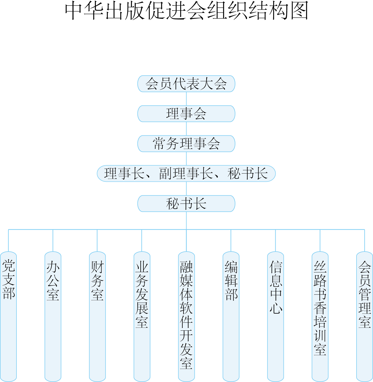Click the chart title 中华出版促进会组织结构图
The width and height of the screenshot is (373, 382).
coord(187,11)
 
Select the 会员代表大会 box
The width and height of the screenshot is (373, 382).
coord(186,84)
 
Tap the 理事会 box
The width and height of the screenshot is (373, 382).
coord(186,114)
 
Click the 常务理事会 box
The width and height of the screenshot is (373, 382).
coord(186,144)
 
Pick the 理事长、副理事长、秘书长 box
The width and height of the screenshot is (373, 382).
coord(186,174)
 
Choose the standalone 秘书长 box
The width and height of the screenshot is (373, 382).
coord(186,203)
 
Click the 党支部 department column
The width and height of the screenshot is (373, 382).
coord(9,316)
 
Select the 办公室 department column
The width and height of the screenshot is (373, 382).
coord(53,316)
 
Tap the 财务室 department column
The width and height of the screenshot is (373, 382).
coord(97,316)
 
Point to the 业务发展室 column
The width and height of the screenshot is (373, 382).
coord(142,316)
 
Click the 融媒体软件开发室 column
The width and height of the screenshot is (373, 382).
coord(187,316)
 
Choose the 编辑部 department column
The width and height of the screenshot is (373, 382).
coord(231,316)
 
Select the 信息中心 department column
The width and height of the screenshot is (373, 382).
coord(276,316)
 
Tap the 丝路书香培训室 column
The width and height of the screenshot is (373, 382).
coord(320,316)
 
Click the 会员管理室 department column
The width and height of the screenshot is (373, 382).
coord(364,316)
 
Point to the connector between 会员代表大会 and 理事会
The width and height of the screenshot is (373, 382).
coord(187,99)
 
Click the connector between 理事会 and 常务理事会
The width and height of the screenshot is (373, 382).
coord(187,129)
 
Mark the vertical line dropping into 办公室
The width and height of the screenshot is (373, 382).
coord(53,241)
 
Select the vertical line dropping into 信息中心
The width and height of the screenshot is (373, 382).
coord(276,241)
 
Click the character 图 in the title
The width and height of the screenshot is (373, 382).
coord(299,11)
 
